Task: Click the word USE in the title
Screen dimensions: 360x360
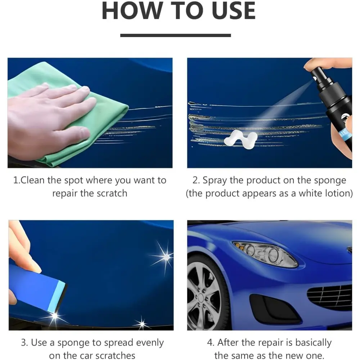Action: tap(234, 11)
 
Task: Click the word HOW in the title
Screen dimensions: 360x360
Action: tap(132, 11)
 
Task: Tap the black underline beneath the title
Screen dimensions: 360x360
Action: tap(175, 35)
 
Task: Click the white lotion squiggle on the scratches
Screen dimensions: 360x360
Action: tap(241, 139)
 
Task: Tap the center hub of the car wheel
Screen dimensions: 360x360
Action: tap(201, 298)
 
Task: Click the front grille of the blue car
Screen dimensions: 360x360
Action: tap(330, 296)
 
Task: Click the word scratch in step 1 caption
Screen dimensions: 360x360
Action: tap(112, 193)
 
